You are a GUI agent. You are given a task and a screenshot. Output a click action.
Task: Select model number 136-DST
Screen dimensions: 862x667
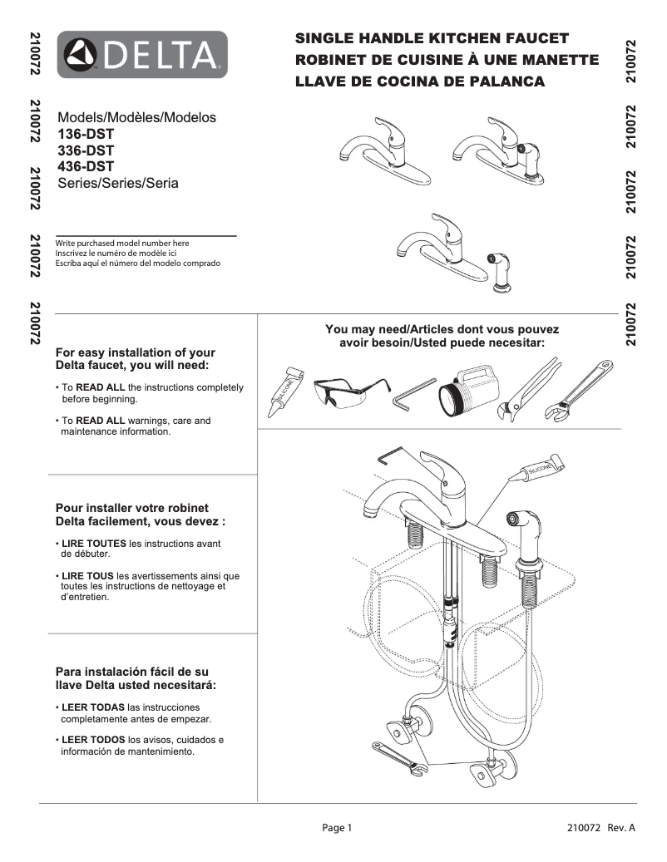(86, 134)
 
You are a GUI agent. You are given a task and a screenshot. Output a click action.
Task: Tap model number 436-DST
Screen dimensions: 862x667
(86, 166)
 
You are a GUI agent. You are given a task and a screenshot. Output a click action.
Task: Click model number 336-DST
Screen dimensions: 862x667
(86, 150)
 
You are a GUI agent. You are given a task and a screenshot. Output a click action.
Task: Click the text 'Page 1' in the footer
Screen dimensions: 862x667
(338, 828)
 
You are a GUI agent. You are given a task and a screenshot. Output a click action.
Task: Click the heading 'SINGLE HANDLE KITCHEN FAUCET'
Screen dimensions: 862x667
(432, 38)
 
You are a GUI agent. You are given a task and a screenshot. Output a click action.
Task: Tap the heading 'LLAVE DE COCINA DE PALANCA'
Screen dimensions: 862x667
(420, 81)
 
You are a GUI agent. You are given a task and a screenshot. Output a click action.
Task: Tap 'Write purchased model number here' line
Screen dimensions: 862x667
(122, 243)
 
